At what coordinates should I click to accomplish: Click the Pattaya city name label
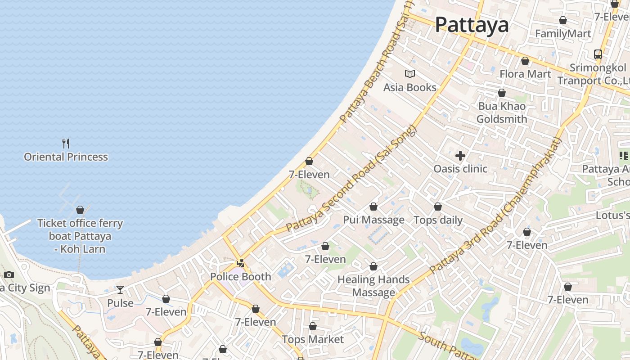click(472, 25)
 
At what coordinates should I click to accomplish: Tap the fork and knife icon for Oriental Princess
click(66, 144)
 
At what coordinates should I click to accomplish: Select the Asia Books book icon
click(409, 74)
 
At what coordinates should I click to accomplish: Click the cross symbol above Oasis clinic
click(460, 156)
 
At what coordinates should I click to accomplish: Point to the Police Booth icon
click(241, 263)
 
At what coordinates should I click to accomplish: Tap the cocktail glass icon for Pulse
click(120, 289)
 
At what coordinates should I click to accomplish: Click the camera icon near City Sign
click(9, 274)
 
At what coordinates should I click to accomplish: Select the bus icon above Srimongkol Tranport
click(598, 54)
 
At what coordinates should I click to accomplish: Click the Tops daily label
click(438, 220)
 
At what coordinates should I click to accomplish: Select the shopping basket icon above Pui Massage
click(373, 207)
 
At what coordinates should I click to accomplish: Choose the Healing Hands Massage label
click(373, 286)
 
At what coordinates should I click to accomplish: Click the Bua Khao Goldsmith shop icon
click(502, 93)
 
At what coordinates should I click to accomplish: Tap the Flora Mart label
click(525, 74)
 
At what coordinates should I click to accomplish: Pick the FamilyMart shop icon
click(562, 20)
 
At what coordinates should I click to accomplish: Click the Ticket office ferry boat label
click(80, 236)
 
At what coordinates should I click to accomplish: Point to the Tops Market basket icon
click(313, 326)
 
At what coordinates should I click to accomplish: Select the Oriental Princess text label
click(66, 157)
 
